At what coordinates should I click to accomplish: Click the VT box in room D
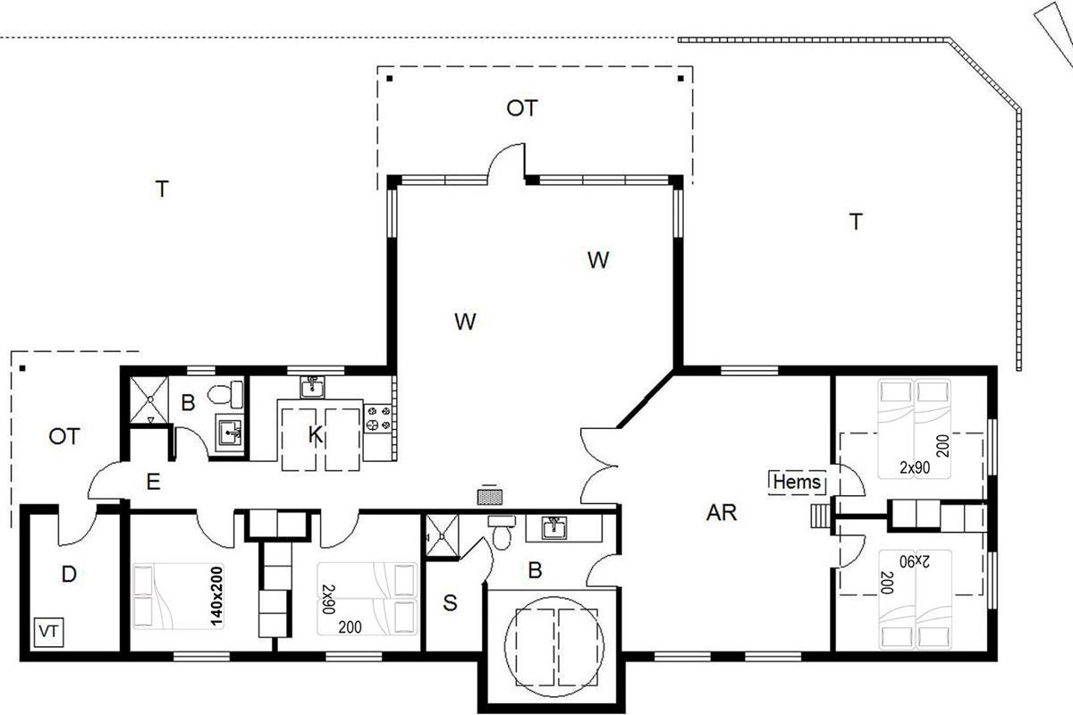[49, 632]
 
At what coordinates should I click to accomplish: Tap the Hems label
[797, 483]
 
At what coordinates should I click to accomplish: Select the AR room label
[722, 513]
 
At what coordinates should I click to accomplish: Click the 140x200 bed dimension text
[217, 596]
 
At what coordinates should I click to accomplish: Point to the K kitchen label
[315, 435]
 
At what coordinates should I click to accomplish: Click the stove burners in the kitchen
[378, 418]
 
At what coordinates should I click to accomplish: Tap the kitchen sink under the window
[312, 387]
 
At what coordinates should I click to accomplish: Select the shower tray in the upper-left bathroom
[149, 400]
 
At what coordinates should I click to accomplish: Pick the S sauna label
[450, 603]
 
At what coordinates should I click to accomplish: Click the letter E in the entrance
[153, 482]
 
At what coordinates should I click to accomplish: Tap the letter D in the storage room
[69, 574]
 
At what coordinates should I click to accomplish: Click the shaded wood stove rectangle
[490, 497]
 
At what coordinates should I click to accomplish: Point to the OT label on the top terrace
[522, 108]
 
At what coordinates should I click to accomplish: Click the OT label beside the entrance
[64, 436]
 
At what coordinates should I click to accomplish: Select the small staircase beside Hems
[821, 517]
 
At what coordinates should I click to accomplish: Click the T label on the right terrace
[856, 222]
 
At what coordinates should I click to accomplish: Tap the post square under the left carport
[22, 368]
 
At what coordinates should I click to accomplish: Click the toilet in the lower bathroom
[502, 532]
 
